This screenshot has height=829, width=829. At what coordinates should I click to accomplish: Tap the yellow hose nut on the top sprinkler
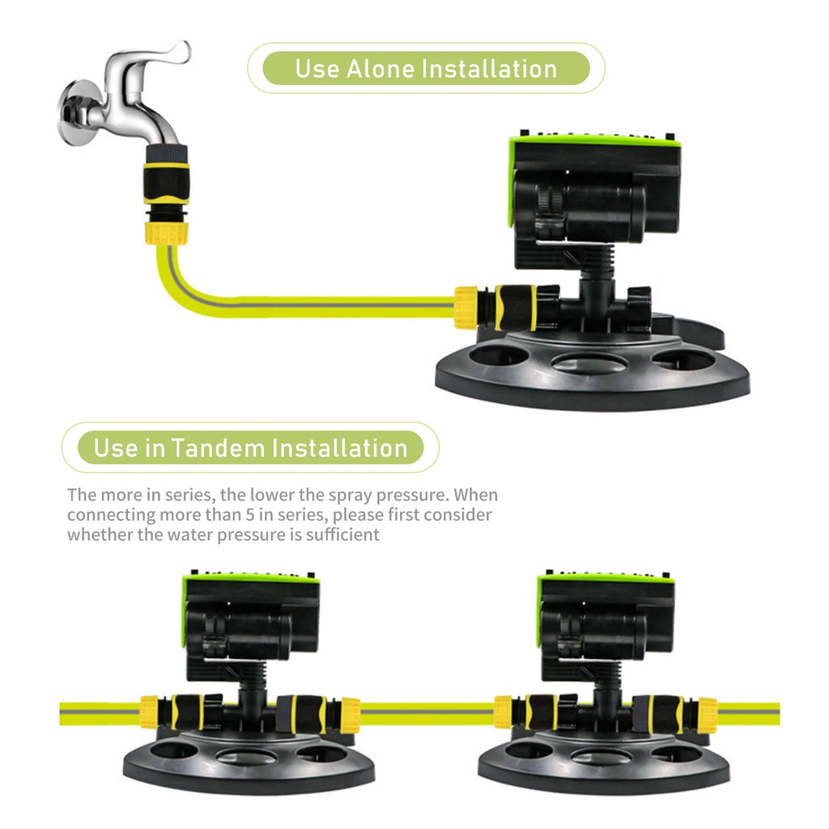(x=466, y=308)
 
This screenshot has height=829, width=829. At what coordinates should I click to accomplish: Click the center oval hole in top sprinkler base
(x=589, y=363)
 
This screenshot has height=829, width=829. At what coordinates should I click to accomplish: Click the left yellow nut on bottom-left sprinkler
(x=149, y=712)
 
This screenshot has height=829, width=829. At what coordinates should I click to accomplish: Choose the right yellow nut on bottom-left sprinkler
(x=350, y=714)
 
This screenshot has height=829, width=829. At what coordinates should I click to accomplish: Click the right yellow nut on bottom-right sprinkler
(x=707, y=714)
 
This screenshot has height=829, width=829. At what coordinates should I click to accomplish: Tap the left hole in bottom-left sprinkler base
(x=175, y=750)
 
